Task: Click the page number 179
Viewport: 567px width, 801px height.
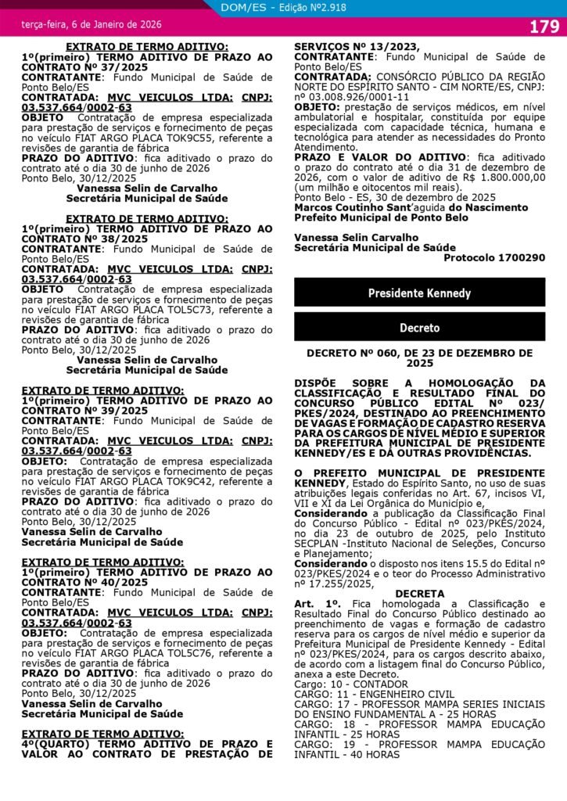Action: point(544,27)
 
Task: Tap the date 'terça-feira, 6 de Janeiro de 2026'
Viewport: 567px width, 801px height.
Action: point(92,26)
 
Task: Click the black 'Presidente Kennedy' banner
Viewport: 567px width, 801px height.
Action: point(419,293)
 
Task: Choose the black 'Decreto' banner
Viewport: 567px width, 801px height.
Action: point(419,328)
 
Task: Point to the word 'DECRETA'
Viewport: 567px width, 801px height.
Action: point(419,594)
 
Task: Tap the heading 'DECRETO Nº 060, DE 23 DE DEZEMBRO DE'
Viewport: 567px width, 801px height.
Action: point(419,354)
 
